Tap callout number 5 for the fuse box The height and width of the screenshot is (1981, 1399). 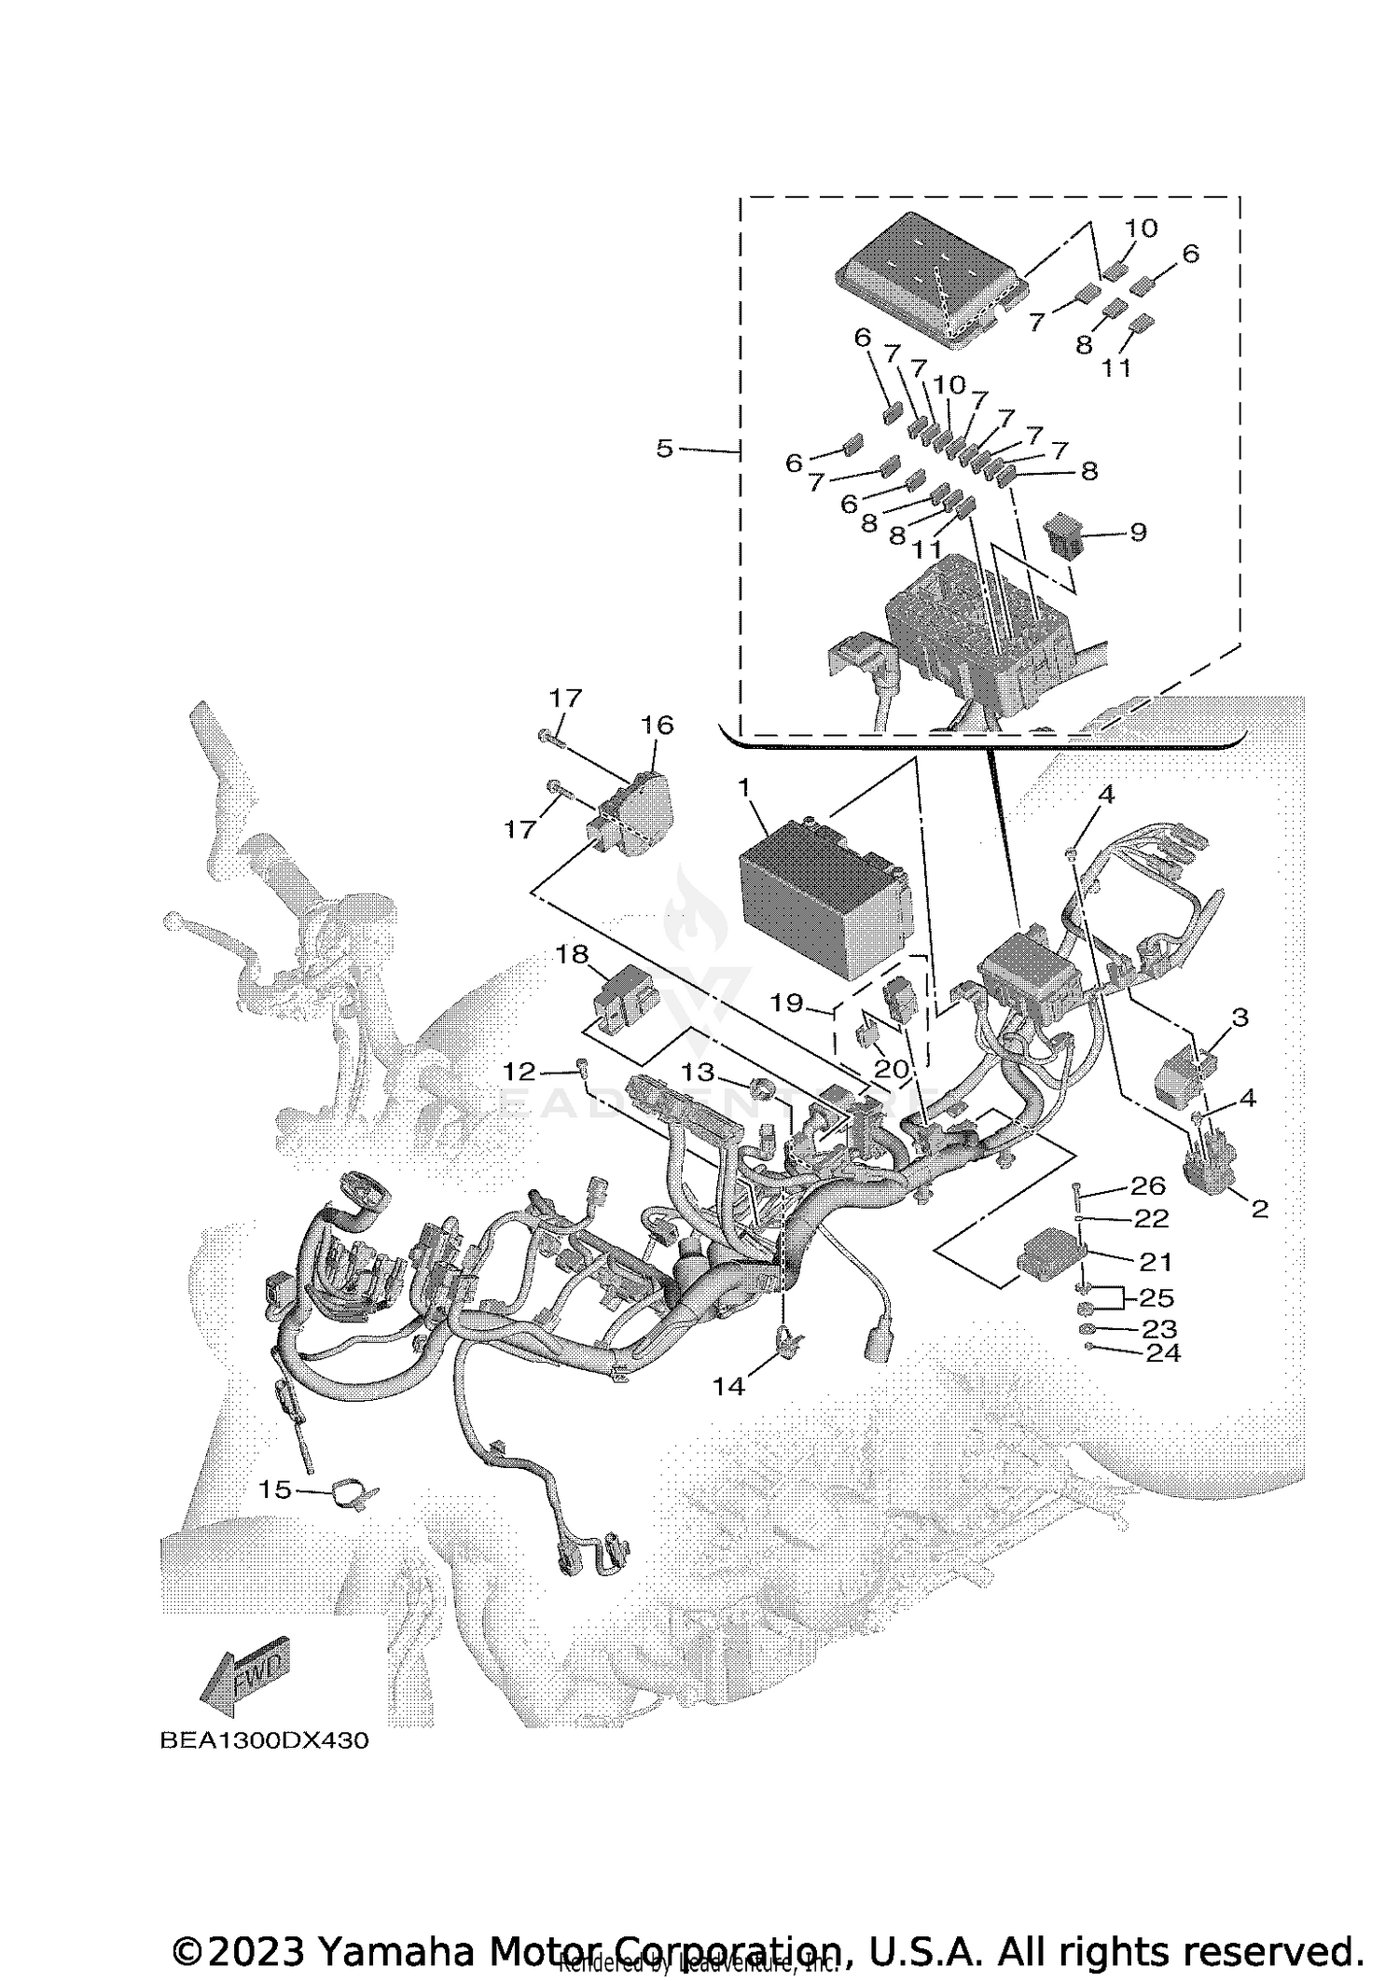[664, 450]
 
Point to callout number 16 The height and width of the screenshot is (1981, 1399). [657, 725]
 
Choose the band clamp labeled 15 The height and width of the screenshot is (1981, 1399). [354, 1493]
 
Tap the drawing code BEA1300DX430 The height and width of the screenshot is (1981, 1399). [264, 1740]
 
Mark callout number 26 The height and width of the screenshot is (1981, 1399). [1148, 1185]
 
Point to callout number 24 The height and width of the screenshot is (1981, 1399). [1162, 1352]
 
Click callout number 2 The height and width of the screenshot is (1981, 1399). [1259, 1210]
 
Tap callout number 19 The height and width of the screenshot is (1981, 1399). [786, 1004]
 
